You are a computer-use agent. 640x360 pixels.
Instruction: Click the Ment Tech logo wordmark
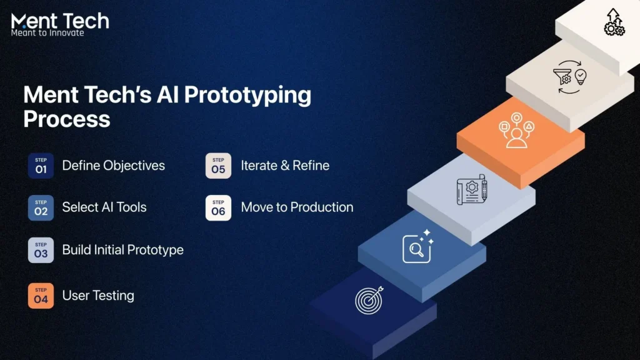pos(60,21)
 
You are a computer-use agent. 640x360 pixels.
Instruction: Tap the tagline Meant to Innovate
pos(47,33)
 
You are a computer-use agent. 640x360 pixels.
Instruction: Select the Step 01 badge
pos(41,166)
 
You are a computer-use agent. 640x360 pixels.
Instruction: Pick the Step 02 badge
pos(41,207)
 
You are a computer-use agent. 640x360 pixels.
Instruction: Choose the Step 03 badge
pos(41,250)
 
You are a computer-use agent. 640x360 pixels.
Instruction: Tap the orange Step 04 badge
pos(41,296)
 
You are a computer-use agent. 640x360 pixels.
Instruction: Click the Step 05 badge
pos(218,166)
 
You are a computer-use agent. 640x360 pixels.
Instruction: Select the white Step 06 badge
pos(218,207)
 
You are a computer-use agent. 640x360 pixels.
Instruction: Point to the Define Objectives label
pos(113,166)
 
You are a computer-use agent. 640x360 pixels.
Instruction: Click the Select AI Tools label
pos(104,207)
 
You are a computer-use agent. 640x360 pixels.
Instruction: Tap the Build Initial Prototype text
pos(122,250)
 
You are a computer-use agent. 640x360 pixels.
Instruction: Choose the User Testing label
pos(98,296)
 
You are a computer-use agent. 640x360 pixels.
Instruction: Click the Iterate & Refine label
pos(285,166)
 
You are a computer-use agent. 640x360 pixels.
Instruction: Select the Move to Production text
pos(297,207)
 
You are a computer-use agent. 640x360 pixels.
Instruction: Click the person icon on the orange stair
pos(516,131)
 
